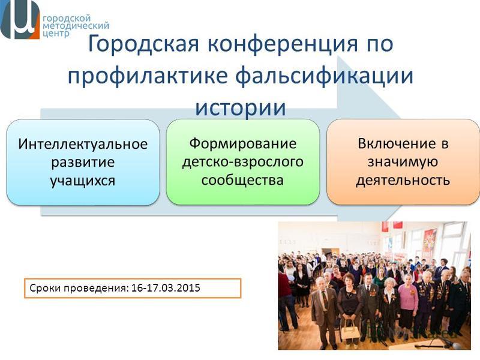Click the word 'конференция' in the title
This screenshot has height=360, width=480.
[282, 43]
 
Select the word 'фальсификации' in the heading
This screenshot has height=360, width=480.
[324, 76]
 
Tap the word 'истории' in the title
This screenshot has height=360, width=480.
[241, 107]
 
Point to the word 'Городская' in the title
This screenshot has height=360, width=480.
[143, 44]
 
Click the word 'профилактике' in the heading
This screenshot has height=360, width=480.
[147, 76]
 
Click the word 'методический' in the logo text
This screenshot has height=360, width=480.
[76, 25]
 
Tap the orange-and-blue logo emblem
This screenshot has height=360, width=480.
[20, 19]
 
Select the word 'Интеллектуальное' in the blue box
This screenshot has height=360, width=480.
[83, 144]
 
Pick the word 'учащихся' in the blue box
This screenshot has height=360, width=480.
[83, 181]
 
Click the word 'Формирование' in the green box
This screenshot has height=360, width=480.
[243, 143]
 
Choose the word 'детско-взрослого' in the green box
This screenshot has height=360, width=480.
[243, 161]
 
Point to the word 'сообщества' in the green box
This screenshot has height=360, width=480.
[242, 180]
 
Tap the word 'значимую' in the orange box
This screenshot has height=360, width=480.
[403, 162]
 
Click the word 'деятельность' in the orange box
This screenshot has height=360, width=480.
[403, 180]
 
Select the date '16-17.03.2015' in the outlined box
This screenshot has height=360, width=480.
[166, 288]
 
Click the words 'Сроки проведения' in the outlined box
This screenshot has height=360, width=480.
[78, 288]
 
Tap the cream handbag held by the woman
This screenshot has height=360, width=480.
[350, 331]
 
